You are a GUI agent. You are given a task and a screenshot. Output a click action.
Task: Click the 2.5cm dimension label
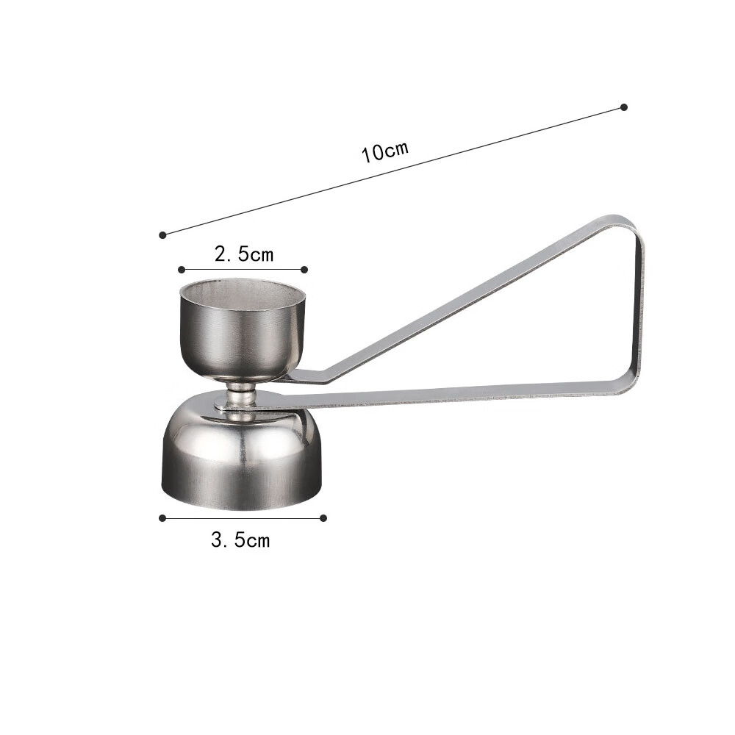244,254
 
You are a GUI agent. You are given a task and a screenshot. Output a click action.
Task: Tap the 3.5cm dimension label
240,540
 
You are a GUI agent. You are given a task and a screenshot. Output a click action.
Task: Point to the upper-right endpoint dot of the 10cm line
624,107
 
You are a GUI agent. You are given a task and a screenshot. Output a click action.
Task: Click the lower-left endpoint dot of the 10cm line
162,235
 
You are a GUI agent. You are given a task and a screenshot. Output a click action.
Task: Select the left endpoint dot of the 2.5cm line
182,270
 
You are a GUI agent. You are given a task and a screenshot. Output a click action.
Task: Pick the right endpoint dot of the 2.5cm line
304,270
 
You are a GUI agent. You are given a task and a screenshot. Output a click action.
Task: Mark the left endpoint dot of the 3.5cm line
162,518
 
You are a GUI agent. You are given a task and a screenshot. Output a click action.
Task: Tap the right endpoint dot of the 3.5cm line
323,518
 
